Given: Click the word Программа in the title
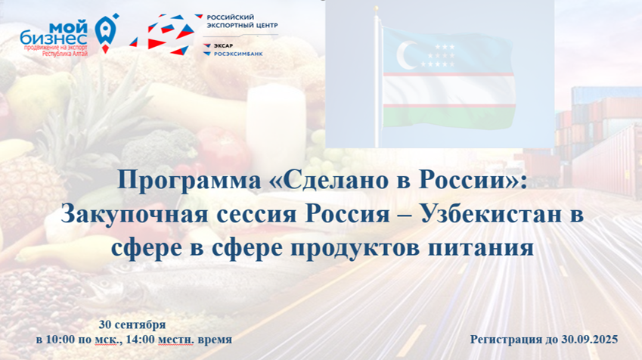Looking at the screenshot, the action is click(x=189, y=181).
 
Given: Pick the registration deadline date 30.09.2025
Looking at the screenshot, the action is click(x=590, y=340).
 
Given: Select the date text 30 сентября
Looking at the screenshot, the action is click(x=132, y=324).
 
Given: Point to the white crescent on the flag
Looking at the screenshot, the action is click(x=405, y=55).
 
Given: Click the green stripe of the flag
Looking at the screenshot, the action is click(x=448, y=117).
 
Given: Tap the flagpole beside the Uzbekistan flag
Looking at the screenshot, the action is click(x=377, y=77).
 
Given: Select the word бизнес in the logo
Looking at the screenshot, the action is click(x=53, y=39).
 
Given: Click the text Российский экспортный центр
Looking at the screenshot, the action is click(x=242, y=21).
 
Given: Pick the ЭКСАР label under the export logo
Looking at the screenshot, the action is click(x=223, y=46).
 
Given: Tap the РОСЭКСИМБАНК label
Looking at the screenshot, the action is click(x=238, y=54).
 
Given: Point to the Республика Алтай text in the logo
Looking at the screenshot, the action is click(x=66, y=54).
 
